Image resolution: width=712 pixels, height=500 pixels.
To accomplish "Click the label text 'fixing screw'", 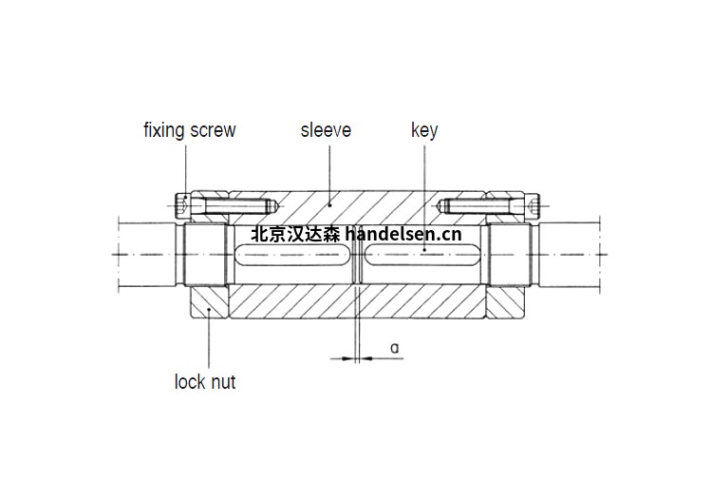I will (x=189, y=130).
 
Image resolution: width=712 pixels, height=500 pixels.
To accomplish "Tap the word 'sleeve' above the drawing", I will (x=326, y=130).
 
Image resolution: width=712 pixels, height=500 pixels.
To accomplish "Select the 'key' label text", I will (x=424, y=130).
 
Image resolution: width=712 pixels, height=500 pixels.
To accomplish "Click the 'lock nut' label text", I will (x=205, y=383).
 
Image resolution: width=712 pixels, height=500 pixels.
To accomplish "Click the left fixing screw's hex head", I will (x=184, y=204).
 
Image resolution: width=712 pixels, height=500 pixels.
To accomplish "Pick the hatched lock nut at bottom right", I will (x=502, y=302).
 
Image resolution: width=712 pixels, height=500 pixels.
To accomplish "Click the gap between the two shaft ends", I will (x=356, y=255).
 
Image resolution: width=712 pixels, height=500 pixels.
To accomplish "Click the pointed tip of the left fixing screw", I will (x=272, y=204).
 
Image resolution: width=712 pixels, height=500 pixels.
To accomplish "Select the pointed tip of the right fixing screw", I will (x=441, y=204).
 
